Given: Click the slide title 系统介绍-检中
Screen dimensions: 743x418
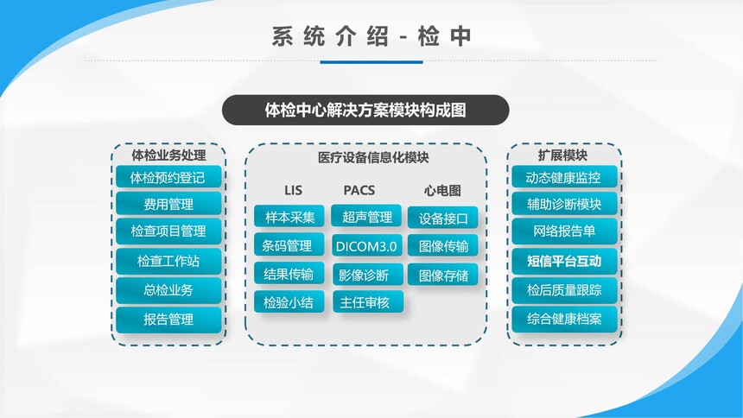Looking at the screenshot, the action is pos(371,36).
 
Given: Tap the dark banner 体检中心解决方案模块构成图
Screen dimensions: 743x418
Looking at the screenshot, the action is pos(365,110).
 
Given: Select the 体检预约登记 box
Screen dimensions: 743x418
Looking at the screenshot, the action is pos(168,177).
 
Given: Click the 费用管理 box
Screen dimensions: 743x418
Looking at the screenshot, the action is pos(168,204).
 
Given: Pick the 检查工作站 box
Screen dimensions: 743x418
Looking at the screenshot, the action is pos(168,261).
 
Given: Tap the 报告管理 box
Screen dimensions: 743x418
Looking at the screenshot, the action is pos(168,320).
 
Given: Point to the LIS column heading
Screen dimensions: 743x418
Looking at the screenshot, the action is pos(293,191).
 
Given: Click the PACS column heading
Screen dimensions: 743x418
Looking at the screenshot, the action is pos(359,191).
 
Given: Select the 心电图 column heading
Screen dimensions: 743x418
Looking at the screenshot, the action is pos(442,191).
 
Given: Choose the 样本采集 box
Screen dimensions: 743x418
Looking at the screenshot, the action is pos(289,217).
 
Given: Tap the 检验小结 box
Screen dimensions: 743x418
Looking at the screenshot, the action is pos(289,302).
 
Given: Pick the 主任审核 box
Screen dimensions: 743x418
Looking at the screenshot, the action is pos(368,302).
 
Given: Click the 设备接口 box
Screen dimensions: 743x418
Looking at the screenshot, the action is pos(442,218).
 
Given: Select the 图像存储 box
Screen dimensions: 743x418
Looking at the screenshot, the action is pos(442,275).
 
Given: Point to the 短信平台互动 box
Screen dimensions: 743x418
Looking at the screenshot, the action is pos(564,261).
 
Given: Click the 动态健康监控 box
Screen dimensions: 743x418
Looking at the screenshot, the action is pos(564,177).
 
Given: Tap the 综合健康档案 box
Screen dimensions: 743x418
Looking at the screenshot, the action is pos(564,320).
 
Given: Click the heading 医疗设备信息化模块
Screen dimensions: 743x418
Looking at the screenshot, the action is pos(373,157).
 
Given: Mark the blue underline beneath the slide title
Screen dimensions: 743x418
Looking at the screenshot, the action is pos(371,61).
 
